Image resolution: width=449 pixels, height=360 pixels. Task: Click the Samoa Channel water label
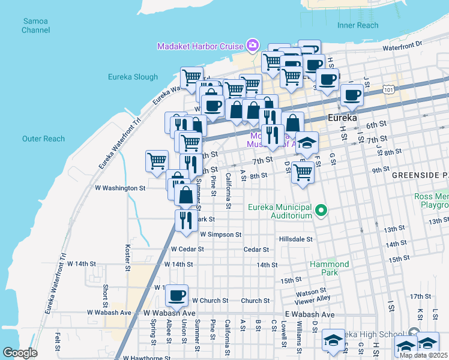(x=35, y=25)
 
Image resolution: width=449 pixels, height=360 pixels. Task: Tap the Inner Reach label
(x=358, y=25)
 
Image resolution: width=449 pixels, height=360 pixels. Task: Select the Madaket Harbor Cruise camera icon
(x=253, y=46)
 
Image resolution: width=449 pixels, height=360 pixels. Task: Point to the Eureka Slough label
(x=133, y=77)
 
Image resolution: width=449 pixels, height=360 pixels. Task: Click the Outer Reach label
(x=43, y=139)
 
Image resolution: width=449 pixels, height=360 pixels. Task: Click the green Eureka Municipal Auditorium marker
(x=322, y=211)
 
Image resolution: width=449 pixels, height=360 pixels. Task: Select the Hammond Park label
(x=329, y=268)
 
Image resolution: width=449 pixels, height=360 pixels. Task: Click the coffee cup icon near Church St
(x=177, y=295)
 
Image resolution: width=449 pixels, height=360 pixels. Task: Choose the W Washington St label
(x=120, y=188)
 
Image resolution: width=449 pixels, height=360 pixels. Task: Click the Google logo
(x=20, y=352)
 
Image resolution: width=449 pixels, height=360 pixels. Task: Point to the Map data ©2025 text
(x=424, y=355)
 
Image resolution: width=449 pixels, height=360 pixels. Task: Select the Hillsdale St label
(x=296, y=239)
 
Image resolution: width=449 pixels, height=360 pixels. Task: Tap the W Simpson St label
(x=220, y=235)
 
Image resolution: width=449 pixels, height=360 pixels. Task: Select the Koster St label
(x=127, y=257)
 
